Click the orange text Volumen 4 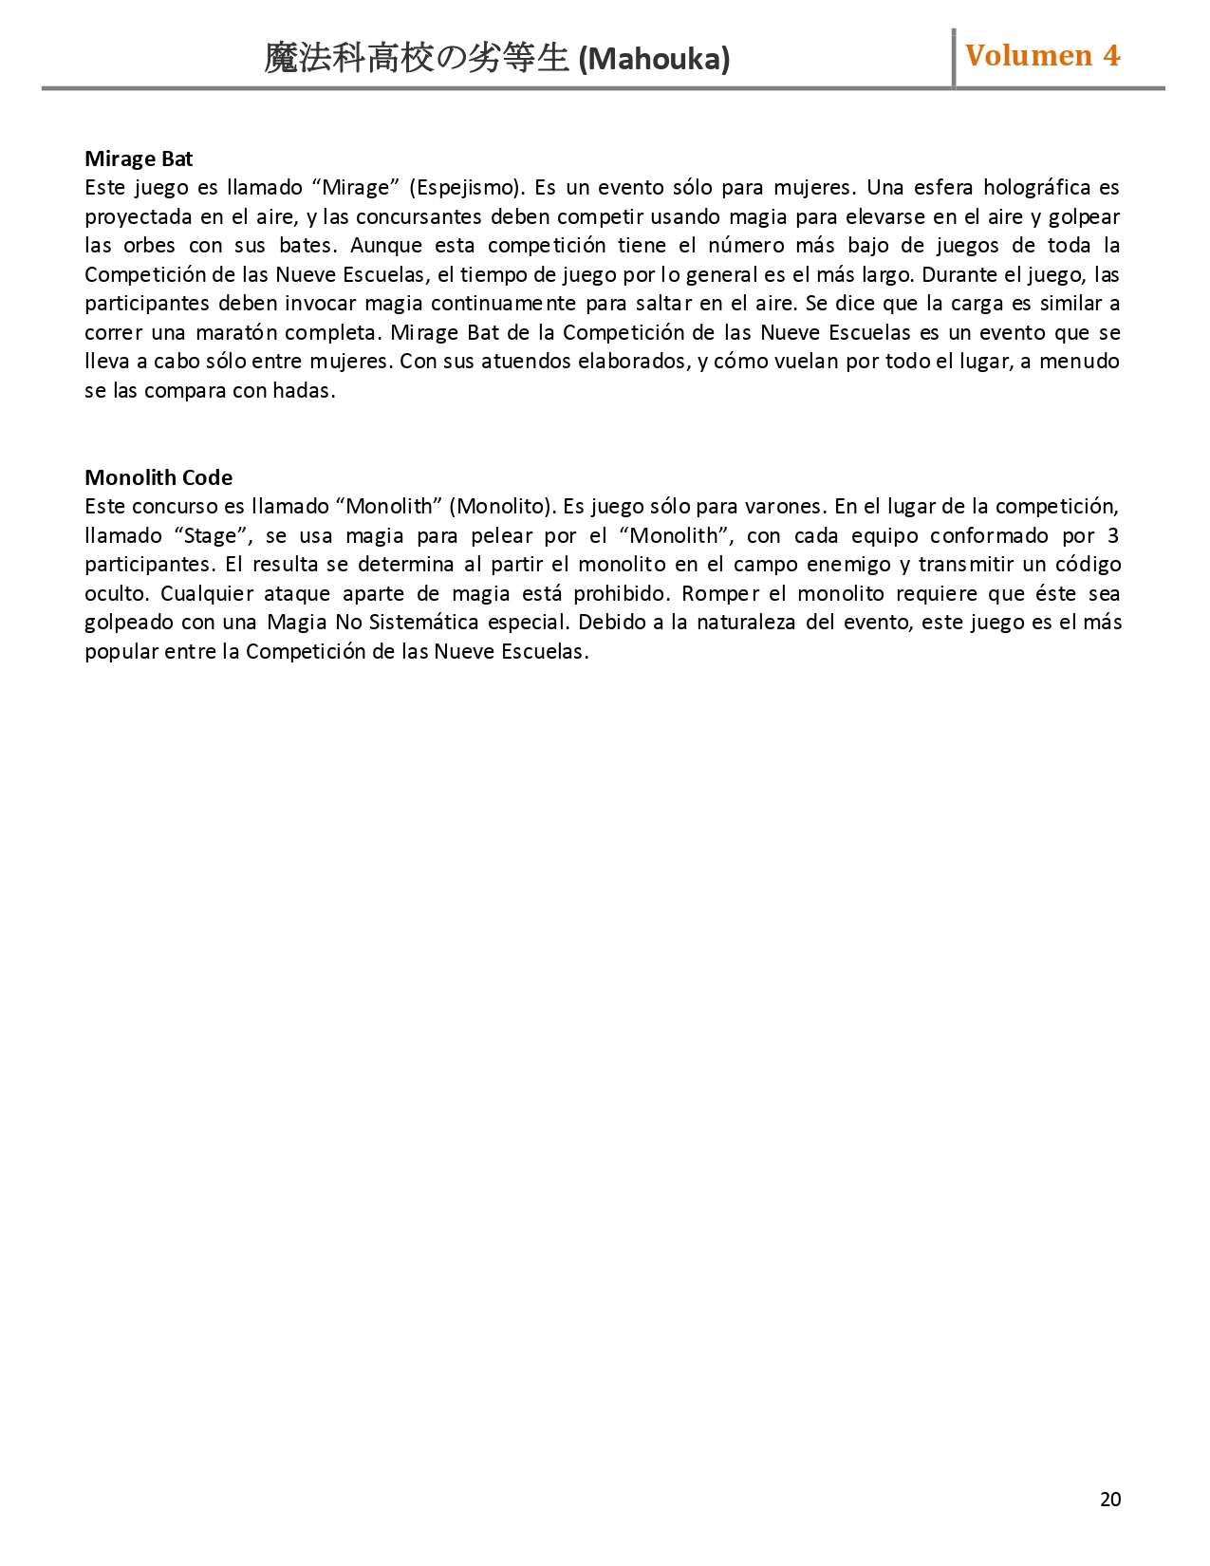[x=1042, y=56]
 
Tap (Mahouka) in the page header [x=654, y=60]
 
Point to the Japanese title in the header [x=416, y=59]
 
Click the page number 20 [x=1109, y=1500]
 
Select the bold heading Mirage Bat [x=139, y=158]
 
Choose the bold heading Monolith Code [x=158, y=477]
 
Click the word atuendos [x=526, y=362]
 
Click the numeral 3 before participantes [x=1113, y=535]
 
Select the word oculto [x=113, y=593]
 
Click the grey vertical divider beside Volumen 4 [x=954, y=58]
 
